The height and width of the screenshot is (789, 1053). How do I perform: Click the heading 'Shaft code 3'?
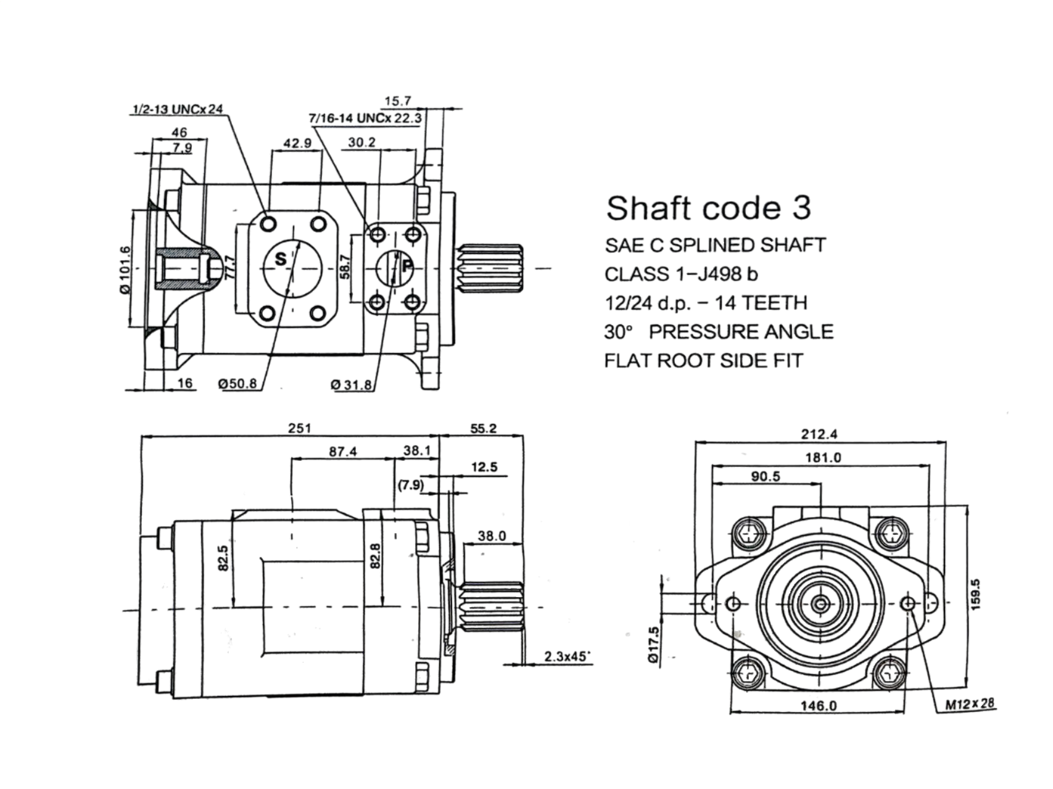708,208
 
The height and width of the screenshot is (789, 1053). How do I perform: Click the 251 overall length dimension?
300,428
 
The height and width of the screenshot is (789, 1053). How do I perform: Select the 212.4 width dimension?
819,434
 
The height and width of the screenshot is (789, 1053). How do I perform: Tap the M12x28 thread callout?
970,703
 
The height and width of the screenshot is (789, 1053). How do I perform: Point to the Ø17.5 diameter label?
654,645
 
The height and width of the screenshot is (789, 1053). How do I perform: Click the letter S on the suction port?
281,259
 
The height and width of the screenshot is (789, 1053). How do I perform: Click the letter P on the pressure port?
407,266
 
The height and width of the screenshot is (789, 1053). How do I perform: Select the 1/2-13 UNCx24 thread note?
178,109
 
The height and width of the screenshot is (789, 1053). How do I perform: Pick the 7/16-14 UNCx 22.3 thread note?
365,118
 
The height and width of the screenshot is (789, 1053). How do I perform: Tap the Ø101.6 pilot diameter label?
125,270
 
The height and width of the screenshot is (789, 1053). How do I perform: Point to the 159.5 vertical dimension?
975,593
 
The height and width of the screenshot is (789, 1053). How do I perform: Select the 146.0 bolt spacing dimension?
819,706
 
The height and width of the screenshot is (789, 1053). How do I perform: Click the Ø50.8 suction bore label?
237,384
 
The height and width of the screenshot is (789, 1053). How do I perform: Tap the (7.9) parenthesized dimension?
411,485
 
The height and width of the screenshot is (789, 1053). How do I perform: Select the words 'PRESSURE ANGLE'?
741,332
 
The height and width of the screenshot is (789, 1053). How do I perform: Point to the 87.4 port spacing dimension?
342,452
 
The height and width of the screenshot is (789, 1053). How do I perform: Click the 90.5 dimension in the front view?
766,476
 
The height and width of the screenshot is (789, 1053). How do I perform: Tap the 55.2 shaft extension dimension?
483,428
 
